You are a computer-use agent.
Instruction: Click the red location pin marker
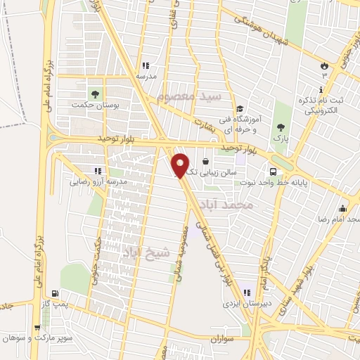(181, 165)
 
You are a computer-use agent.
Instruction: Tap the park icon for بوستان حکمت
(93, 93)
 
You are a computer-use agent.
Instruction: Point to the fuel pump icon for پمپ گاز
(53, 293)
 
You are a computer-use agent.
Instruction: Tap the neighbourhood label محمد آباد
(235, 204)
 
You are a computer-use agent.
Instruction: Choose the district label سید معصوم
(190, 95)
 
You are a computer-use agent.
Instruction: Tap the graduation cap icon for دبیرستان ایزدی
(246, 292)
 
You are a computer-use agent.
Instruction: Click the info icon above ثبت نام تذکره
(321, 90)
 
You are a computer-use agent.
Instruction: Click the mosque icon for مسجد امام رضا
(342, 208)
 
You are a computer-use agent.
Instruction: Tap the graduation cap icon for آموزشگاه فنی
(240, 109)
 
